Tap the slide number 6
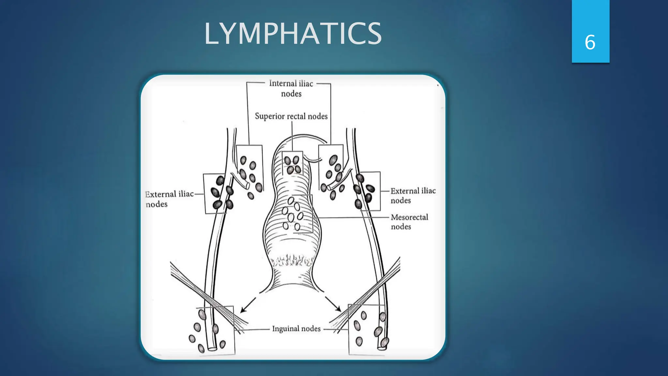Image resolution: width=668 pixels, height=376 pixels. coord(590,42)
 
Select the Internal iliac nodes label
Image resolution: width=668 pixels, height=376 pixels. coord(291,88)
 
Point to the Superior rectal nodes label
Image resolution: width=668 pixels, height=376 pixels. coord(291,116)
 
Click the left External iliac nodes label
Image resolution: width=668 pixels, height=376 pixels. coord(169,199)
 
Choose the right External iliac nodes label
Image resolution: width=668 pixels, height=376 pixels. coord(413,195)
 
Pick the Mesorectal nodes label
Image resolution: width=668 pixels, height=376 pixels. coord(409,222)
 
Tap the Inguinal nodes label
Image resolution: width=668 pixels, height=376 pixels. coord(296,329)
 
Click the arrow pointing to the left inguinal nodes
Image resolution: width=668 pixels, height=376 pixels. coord(249,304)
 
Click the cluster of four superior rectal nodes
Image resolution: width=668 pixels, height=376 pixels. coord(292,165)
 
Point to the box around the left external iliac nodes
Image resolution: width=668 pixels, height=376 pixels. coord(215,194)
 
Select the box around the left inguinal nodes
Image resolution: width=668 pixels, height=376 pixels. coord(215,330)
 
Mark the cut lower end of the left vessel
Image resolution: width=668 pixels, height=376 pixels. coord(212,349)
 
